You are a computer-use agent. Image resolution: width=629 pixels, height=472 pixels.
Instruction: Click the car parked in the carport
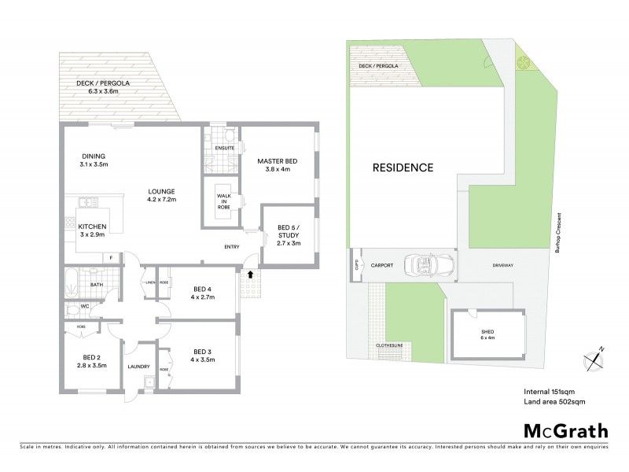coord(427,265)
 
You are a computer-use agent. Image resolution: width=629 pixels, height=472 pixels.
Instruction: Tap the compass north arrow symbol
coord(595,359)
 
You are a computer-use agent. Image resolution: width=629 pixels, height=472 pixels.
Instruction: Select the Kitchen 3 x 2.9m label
coord(92,230)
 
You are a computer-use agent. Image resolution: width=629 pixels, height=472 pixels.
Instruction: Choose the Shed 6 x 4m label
coord(487,335)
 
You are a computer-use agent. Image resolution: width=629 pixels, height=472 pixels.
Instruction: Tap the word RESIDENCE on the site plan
coord(403,168)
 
